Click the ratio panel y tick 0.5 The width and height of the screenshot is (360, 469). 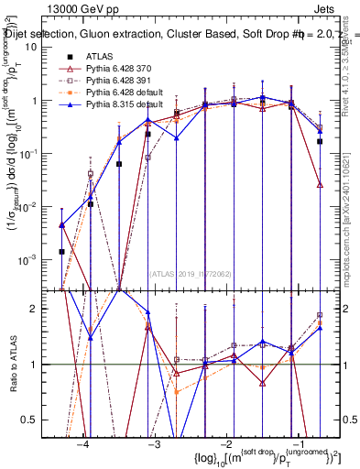[43, 420]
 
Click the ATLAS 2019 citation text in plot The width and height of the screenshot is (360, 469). [191, 272]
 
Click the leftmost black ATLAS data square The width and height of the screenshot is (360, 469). [61, 251]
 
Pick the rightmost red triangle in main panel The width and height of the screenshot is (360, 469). [320, 184]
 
